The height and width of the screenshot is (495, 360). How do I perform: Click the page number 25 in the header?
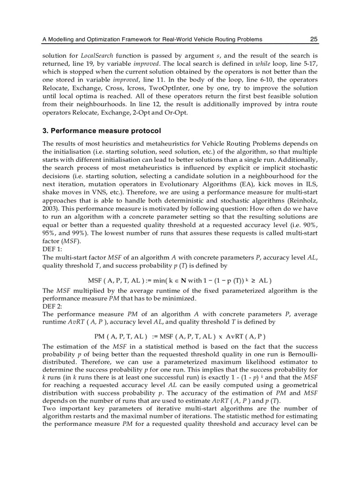(314, 39)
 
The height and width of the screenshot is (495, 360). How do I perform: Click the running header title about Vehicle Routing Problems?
(152, 39)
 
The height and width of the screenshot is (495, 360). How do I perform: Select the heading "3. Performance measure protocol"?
(101, 131)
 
